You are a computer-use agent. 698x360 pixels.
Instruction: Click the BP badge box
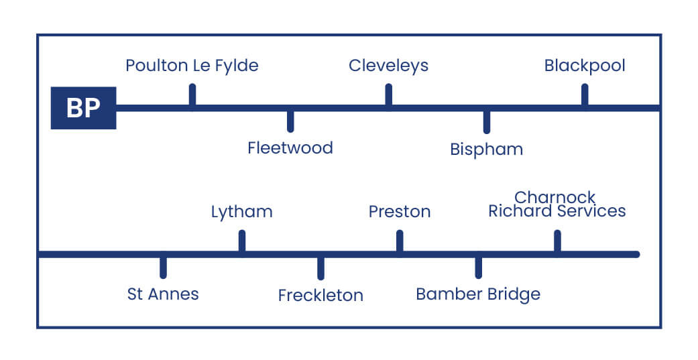83,108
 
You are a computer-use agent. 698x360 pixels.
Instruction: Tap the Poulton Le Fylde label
192,66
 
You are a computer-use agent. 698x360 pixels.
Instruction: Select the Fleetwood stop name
290,148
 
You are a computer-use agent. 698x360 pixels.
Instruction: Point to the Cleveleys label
388,66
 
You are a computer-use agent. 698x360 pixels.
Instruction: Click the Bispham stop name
486,149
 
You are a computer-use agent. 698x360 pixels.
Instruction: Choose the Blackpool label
585,66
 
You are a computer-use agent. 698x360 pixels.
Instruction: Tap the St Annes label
163,294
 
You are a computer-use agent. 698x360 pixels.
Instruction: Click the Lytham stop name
241,213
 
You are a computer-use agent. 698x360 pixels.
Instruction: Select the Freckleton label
321,296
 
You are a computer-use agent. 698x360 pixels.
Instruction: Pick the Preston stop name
400,213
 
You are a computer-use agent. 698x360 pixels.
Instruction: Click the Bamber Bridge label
478,294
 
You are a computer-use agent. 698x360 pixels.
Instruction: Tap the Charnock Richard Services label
557,204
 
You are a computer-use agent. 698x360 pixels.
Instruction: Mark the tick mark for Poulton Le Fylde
192,95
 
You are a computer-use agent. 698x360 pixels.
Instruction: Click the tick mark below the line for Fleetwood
290,121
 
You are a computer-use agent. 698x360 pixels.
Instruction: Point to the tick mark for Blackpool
585,95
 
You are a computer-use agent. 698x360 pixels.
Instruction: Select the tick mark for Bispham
486,122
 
